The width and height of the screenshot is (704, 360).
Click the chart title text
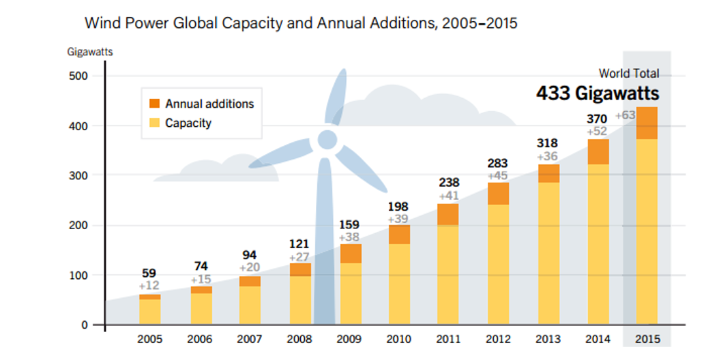click(x=301, y=24)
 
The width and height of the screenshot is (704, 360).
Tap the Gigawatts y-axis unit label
click(x=90, y=51)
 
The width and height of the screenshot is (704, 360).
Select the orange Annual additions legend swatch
click(x=154, y=104)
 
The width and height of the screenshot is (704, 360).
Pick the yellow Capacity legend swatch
click(x=154, y=123)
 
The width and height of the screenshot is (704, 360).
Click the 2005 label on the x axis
click(x=150, y=339)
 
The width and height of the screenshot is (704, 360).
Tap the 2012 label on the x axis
click(x=499, y=339)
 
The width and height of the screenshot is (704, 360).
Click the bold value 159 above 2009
click(x=349, y=224)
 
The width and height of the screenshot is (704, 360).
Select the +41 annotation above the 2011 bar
click(x=448, y=195)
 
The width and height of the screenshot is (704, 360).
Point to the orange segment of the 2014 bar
click(x=598, y=151)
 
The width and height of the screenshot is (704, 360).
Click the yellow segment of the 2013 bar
click(x=548, y=252)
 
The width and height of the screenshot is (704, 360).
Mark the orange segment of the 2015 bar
click(x=647, y=123)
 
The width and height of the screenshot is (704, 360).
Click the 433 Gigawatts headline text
click(x=598, y=93)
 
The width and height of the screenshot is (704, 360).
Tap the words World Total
click(x=629, y=73)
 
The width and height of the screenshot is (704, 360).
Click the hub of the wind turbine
click(x=327, y=140)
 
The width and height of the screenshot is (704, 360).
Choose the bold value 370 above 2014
click(x=597, y=119)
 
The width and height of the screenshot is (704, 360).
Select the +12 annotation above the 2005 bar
click(x=149, y=285)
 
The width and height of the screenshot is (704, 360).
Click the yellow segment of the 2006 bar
click(x=201, y=308)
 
